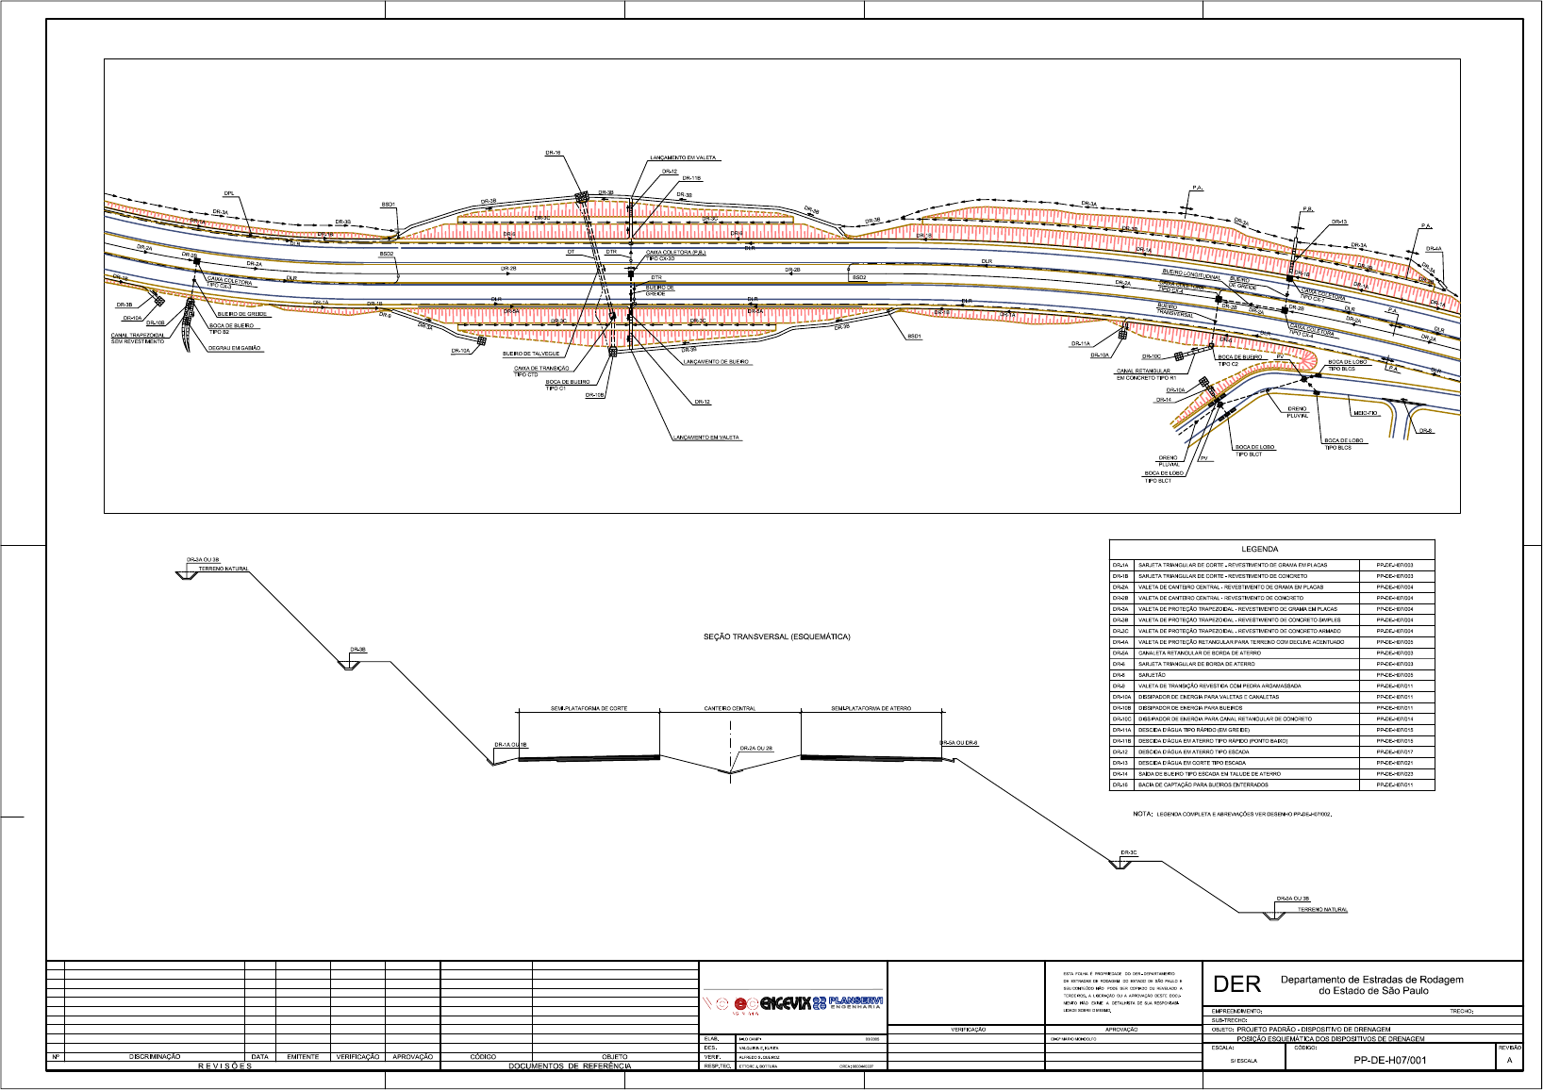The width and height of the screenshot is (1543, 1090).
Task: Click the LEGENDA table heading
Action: tap(1259, 549)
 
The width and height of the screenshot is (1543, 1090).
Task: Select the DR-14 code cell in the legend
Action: tap(1120, 774)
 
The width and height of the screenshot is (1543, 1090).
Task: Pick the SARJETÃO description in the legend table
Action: tap(1152, 675)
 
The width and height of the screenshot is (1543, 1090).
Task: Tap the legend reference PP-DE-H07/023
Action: tap(1394, 774)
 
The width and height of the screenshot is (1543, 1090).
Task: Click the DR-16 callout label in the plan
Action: tap(553, 153)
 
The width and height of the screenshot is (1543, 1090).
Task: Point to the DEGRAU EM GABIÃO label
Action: tap(235, 349)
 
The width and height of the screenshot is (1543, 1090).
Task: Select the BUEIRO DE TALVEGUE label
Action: tap(531, 354)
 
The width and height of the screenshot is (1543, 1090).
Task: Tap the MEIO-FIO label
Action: tap(1365, 413)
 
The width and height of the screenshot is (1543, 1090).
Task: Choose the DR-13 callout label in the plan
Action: tap(1339, 223)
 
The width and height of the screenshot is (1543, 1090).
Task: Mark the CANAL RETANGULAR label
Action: tap(1143, 372)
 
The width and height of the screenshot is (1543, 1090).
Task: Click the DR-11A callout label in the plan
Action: tap(1081, 344)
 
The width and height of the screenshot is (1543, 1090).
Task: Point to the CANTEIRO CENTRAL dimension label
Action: tap(729, 708)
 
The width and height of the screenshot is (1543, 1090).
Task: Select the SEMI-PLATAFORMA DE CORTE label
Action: tap(589, 708)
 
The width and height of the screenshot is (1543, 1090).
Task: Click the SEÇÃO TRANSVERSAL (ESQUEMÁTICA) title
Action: tap(776, 636)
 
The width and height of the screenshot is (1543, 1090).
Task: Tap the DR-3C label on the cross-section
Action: tap(1128, 852)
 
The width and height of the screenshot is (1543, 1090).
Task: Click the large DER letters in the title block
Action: tap(1236, 984)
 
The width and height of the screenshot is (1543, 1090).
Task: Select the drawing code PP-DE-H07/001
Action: tap(1389, 1060)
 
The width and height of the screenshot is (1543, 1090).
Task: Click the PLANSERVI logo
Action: tap(855, 1002)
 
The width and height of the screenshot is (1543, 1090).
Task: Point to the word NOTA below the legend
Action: tap(1142, 814)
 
